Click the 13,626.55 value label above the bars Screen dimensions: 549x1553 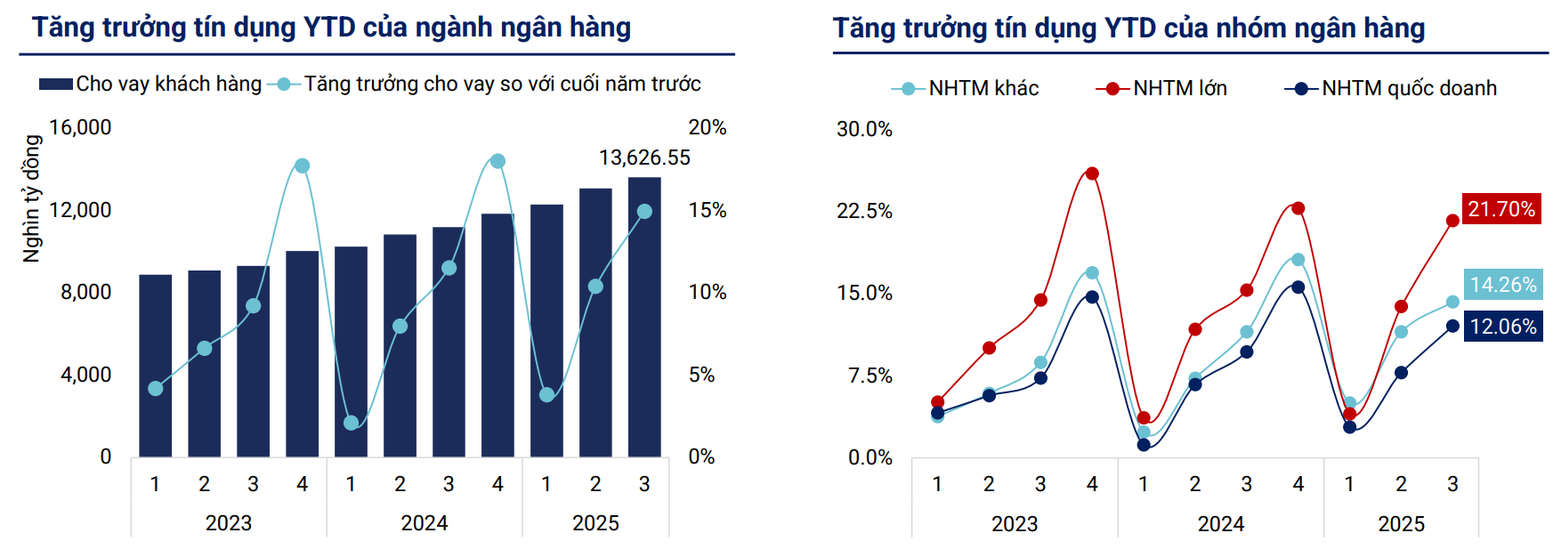(x=644, y=157)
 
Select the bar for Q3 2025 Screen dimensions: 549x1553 (x=644, y=320)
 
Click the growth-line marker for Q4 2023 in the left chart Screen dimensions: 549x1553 (x=302, y=166)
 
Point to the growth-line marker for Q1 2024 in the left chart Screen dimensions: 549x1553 (x=351, y=423)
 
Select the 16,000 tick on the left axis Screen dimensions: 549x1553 (x=80, y=127)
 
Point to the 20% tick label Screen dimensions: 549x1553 (x=708, y=127)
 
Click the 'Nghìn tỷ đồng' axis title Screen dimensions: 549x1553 (x=32, y=198)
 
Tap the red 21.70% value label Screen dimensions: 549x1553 (x=1501, y=209)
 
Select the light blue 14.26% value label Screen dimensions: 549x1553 (x=1502, y=285)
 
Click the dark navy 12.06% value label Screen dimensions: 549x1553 (x=1502, y=327)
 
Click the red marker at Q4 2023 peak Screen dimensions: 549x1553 (x=1092, y=174)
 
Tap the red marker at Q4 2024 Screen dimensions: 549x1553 (x=1298, y=208)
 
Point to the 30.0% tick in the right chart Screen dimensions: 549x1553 (x=864, y=129)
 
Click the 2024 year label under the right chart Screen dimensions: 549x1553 (x=1220, y=524)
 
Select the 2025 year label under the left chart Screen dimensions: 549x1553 (x=595, y=523)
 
